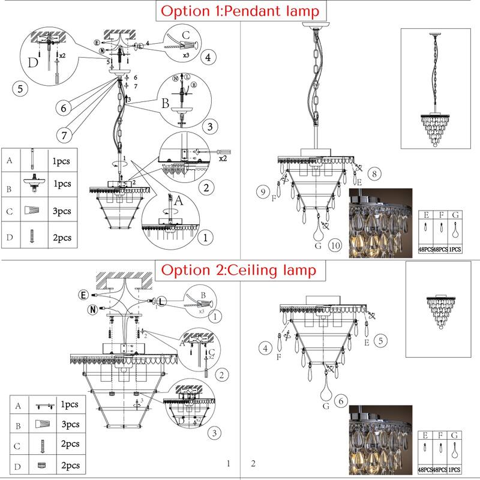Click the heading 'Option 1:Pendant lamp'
point(240,11)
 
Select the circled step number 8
point(373,174)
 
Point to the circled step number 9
point(262,192)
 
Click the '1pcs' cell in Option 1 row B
point(62,184)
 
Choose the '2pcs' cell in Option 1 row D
point(62,238)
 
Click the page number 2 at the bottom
point(253,463)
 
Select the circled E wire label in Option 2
point(84,295)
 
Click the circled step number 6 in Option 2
point(340,401)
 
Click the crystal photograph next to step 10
point(380,223)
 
